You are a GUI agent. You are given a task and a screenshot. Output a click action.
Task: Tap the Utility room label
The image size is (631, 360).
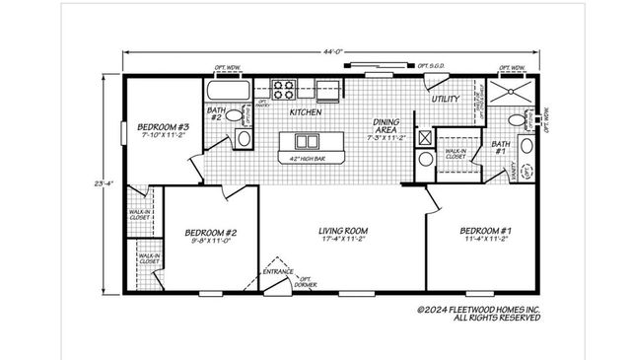(448, 100)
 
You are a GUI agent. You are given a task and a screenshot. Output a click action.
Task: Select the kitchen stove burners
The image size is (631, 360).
(283, 90)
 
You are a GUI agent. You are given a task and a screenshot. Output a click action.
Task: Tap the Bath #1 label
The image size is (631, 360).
(499, 148)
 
